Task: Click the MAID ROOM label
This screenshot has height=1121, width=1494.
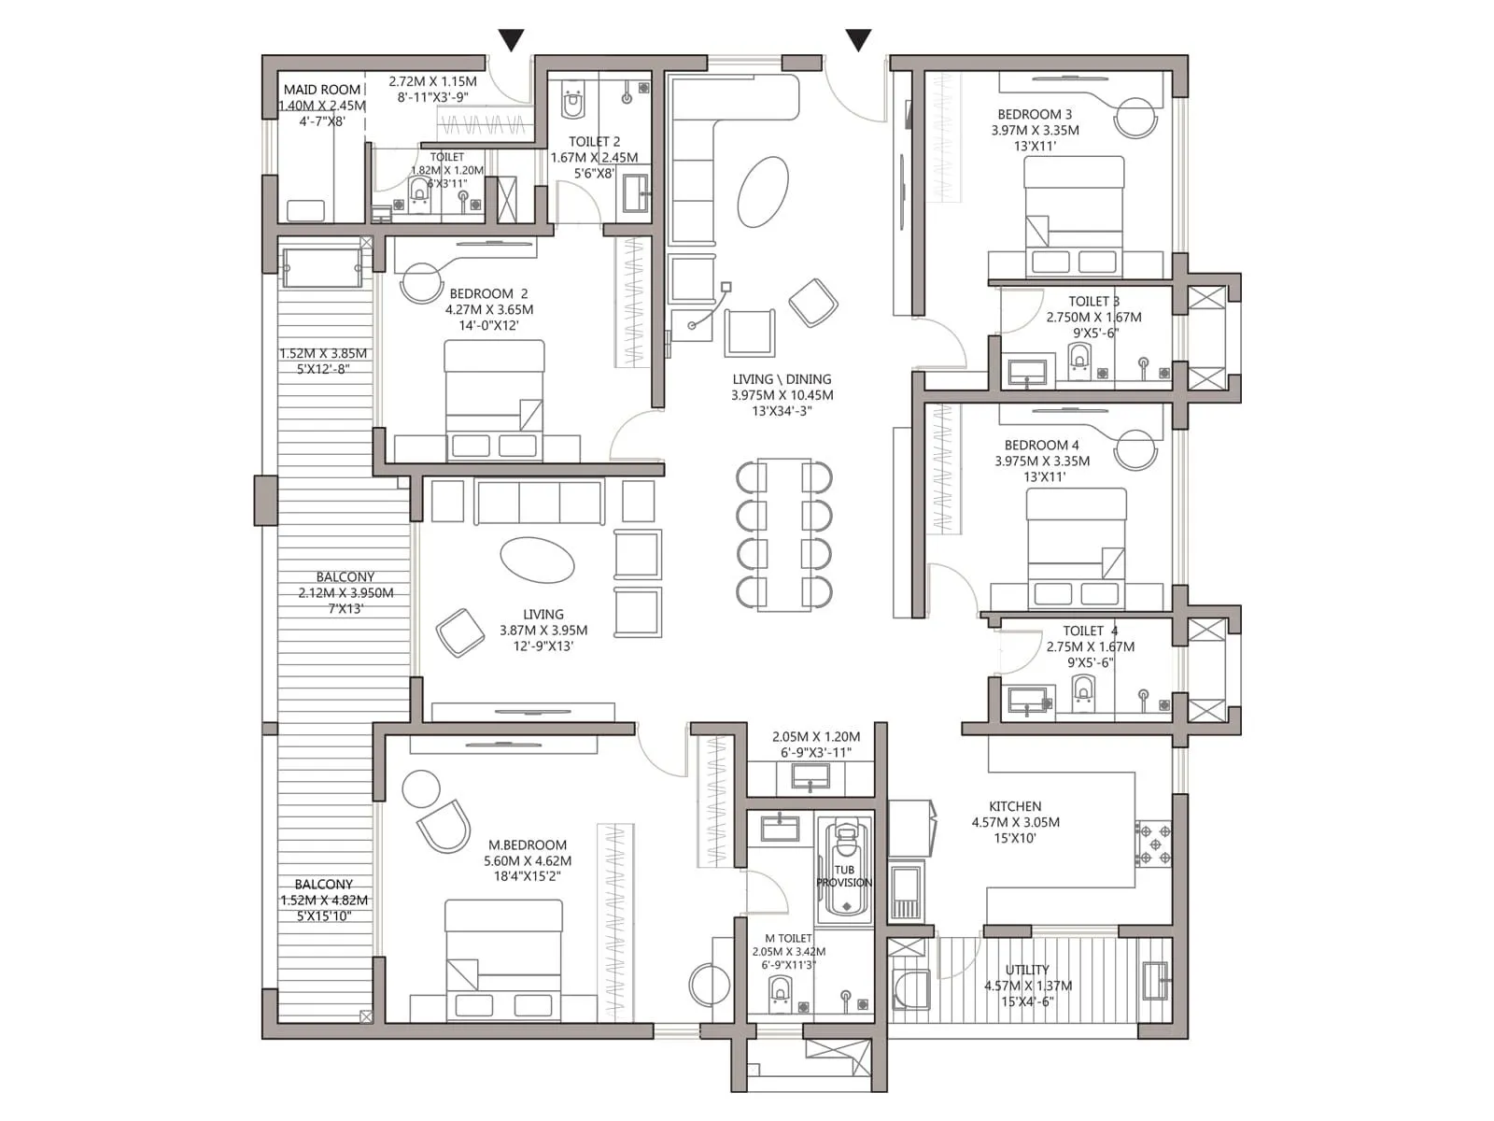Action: coord(322,90)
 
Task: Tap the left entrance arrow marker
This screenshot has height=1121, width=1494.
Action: coord(511,40)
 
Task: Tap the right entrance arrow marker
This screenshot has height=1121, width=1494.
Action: coord(858,40)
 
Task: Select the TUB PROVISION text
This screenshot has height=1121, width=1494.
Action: coord(844,876)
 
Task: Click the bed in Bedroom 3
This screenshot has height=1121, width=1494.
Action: coord(1074,215)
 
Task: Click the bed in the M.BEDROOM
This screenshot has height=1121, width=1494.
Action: coord(503,959)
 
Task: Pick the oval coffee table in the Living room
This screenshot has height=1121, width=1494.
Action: coord(537,560)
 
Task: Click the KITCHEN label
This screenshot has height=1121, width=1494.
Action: coord(1015,806)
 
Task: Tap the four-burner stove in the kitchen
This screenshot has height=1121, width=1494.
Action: coord(1154,844)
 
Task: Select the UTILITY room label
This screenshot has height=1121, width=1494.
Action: coord(1027,970)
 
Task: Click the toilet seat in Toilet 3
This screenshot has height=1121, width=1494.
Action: coord(1079,360)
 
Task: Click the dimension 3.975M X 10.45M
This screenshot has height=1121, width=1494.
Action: coord(782,395)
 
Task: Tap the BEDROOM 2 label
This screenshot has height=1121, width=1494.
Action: coord(488,293)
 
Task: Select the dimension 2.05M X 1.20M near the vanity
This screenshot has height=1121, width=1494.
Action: coord(816,736)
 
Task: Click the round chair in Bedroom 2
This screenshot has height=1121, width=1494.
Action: coord(421,283)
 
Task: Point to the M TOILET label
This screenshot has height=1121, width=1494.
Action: coord(788,938)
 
